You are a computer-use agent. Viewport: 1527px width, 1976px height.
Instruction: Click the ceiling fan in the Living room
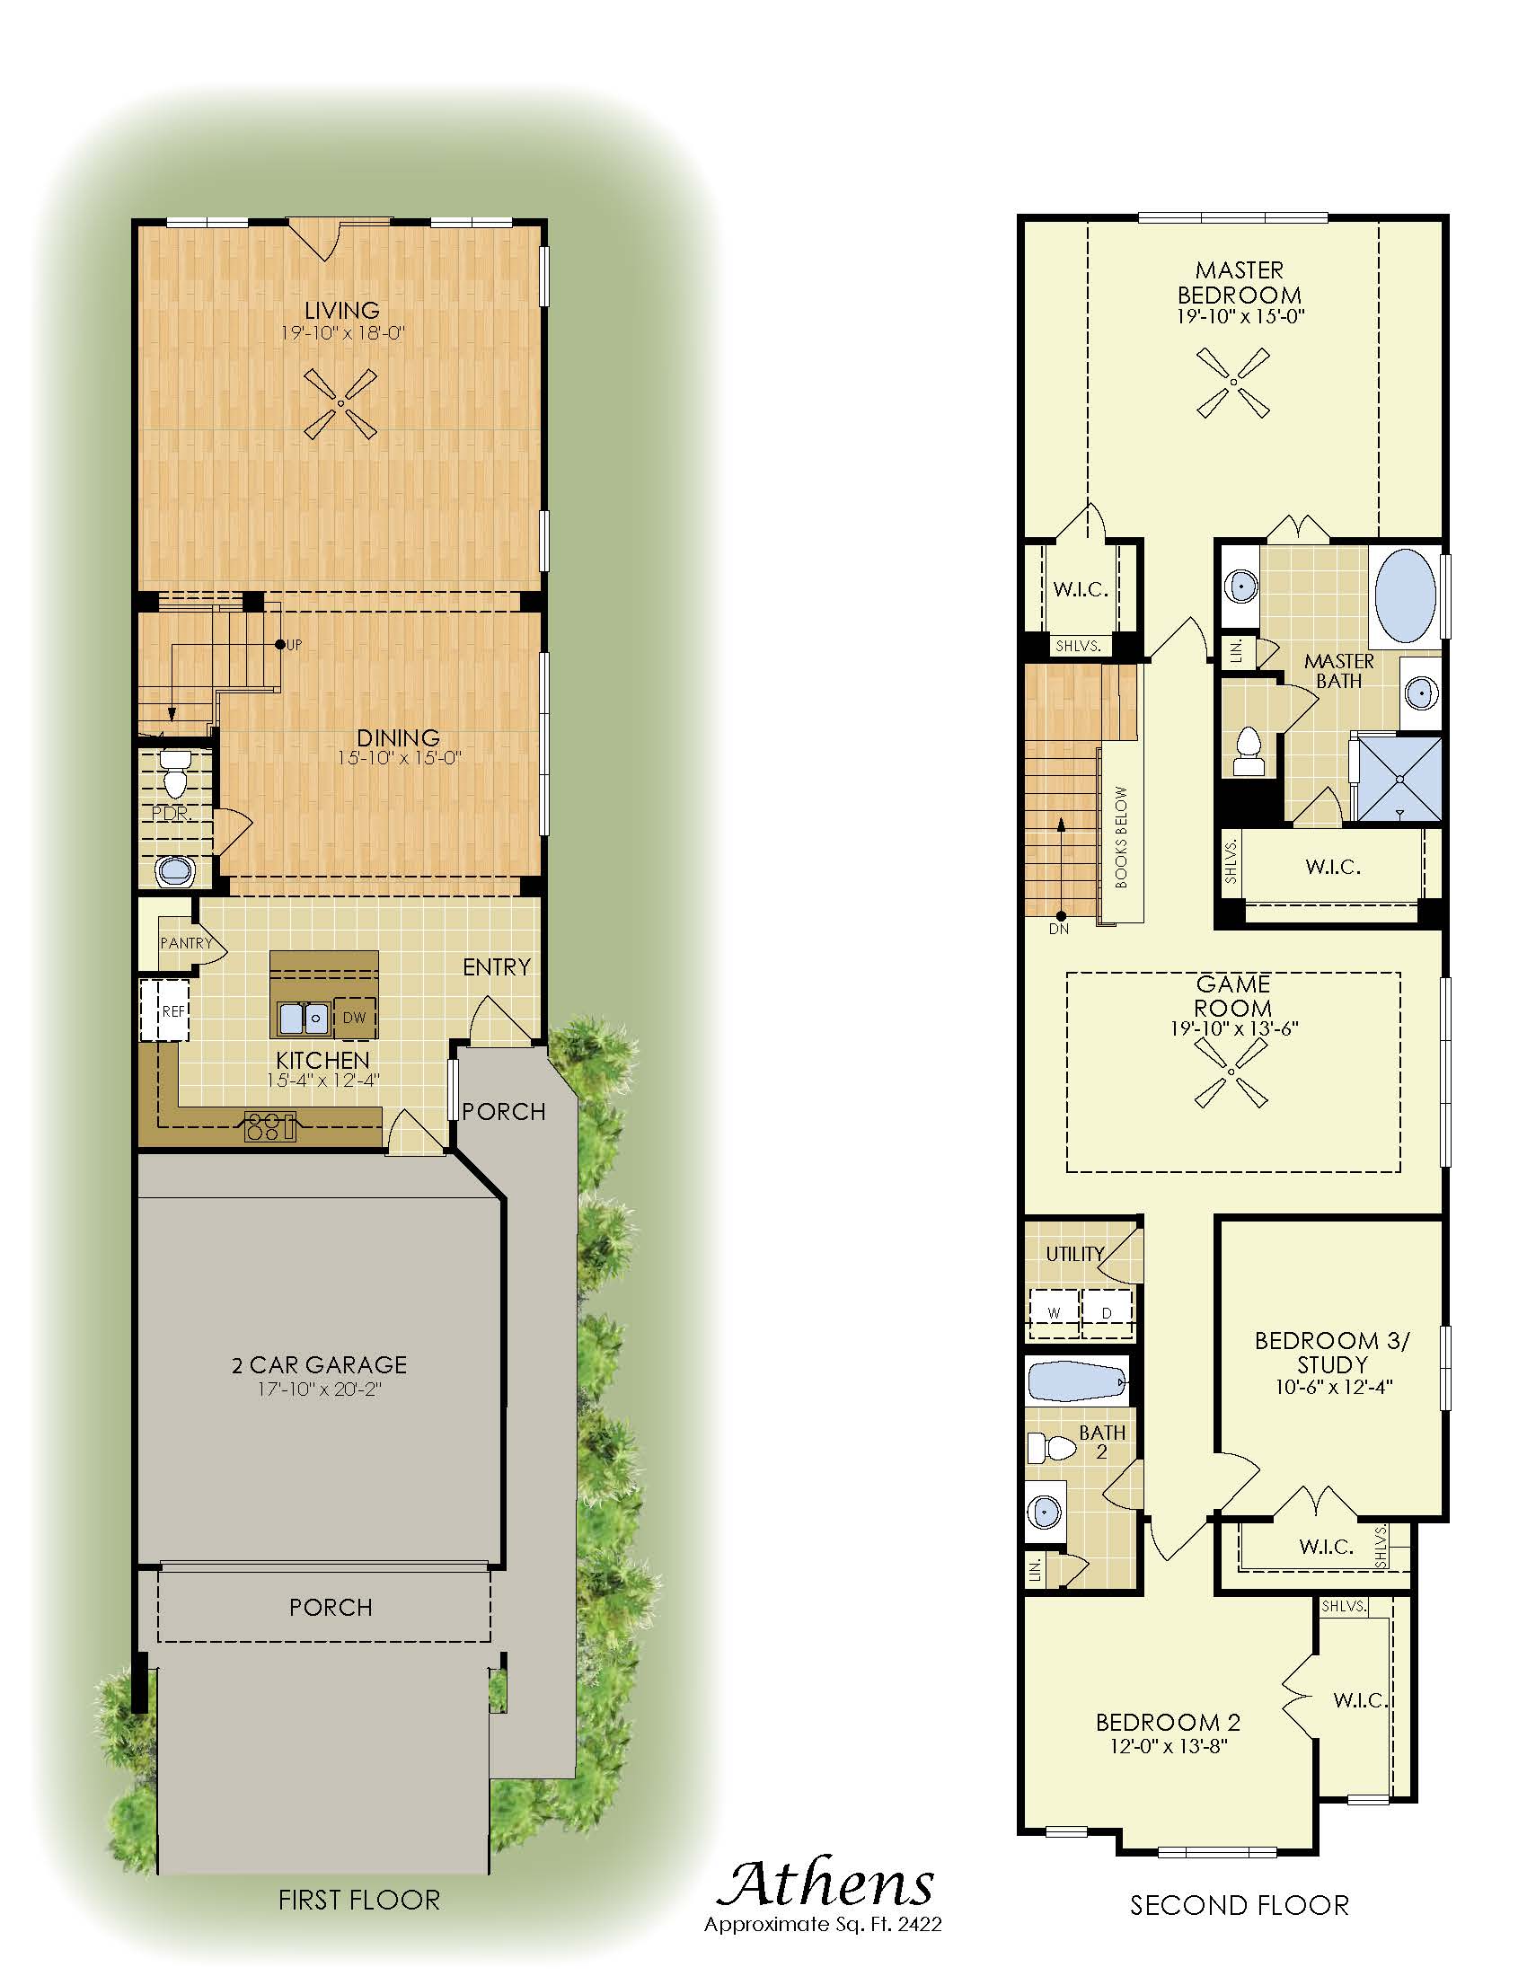(x=340, y=403)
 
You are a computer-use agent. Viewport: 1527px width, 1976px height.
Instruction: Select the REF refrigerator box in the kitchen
(x=164, y=1010)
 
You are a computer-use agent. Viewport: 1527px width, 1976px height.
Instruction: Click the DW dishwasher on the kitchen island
(x=355, y=1018)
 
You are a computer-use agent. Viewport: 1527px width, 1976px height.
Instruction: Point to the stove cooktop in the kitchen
(x=270, y=1127)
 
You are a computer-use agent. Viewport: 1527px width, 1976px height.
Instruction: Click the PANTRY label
(x=186, y=943)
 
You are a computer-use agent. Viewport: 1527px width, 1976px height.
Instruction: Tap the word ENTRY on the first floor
(x=497, y=967)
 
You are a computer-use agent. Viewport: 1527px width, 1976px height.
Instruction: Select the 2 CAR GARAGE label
(x=320, y=1364)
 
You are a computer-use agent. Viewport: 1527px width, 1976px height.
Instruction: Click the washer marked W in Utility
(x=1054, y=1313)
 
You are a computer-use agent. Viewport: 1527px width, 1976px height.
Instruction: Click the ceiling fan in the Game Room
(x=1231, y=1072)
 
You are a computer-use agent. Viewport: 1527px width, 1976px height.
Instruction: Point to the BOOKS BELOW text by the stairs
(x=1122, y=838)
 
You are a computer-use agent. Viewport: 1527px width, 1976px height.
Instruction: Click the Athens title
(x=825, y=1883)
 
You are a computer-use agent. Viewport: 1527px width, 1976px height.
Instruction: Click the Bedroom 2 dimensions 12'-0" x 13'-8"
(x=1169, y=1746)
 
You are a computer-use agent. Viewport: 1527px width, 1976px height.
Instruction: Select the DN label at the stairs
(x=1058, y=930)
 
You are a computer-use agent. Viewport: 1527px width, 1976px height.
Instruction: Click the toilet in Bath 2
(x=1052, y=1447)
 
